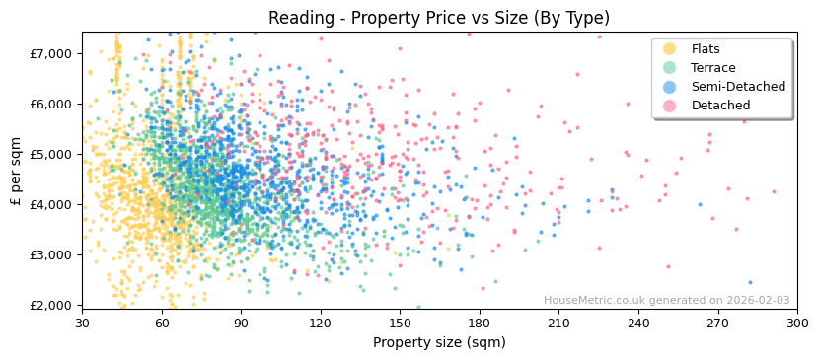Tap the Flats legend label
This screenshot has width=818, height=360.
706,49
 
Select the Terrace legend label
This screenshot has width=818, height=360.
713,68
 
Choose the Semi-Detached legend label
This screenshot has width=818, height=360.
738,87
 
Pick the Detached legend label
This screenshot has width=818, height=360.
720,106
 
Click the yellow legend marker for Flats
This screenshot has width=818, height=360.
670,49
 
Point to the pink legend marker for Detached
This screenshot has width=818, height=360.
670,106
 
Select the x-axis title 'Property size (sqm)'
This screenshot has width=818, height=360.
439,342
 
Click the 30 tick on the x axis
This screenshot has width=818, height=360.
83,323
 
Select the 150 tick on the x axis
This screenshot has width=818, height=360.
400,323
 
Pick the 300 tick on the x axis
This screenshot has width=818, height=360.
797,323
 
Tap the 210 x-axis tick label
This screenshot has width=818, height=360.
558,323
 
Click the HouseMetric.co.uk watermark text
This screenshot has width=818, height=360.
666,301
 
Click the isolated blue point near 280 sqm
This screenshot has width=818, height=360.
749,282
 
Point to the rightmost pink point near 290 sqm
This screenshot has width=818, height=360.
774,191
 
